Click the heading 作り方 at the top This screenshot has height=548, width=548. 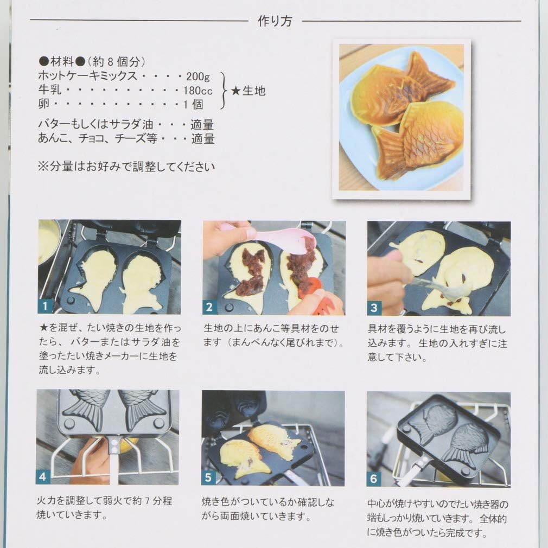click(x=275, y=21)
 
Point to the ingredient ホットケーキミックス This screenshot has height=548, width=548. click(x=87, y=76)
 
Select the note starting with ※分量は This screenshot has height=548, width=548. click(x=126, y=166)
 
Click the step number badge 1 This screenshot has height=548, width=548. click(x=46, y=307)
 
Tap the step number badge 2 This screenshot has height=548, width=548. click(x=210, y=307)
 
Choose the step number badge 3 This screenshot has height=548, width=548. click(x=374, y=308)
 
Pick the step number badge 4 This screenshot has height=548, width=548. click(x=44, y=477)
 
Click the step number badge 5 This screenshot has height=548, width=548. click(x=209, y=478)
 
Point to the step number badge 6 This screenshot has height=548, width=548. click(x=374, y=478)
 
